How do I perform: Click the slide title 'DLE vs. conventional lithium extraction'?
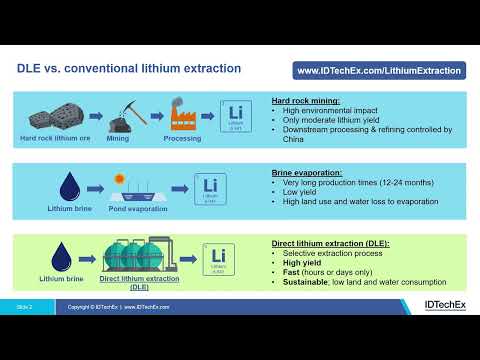click(130, 70)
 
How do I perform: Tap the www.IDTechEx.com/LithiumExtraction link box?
click(380, 71)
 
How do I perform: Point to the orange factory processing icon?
click(183, 116)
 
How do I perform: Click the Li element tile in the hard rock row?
click(235, 115)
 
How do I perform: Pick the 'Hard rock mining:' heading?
click(306, 101)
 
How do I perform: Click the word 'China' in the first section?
click(294, 139)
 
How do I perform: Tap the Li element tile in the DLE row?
click(219, 258)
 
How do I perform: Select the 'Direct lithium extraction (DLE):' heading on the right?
click(330, 243)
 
